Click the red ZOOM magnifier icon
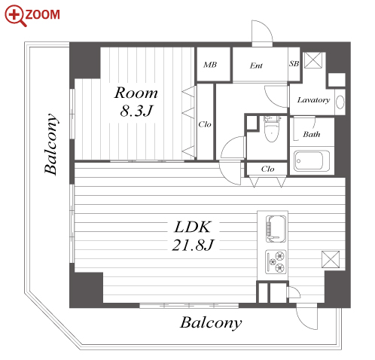tap(15, 15)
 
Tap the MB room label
tap(210, 65)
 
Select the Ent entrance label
tap(256, 66)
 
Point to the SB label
tap(294, 64)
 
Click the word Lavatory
tap(313, 100)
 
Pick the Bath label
tap(312, 134)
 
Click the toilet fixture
tap(271, 129)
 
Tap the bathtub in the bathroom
tap(312, 161)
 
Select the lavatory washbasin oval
tap(340, 102)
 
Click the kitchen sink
tap(276, 229)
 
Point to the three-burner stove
tap(276, 262)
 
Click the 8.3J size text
tap(136, 111)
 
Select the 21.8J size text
tap(193, 245)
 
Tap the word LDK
tap(193, 227)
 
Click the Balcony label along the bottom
tap(211, 323)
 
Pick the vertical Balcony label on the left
tap(51, 144)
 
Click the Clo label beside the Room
tap(205, 124)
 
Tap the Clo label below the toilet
tap(267, 169)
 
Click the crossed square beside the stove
tap(331, 259)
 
